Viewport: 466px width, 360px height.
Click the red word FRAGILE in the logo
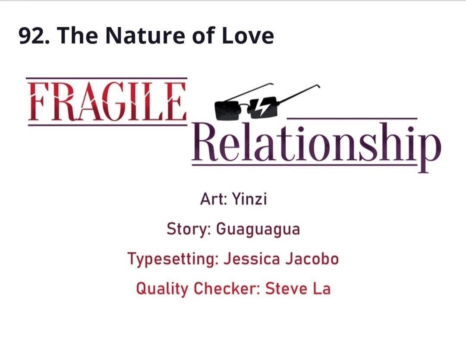click(x=107, y=101)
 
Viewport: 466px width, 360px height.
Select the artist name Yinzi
click(x=249, y=199)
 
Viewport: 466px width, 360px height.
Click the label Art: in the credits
click(x=214, y=199)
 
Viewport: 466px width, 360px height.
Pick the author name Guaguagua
click(x=258, y=230)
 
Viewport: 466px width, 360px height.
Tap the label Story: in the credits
click(x=189, y=229)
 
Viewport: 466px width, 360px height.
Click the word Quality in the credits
click(x=162, y=289)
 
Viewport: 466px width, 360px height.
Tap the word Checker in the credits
click(x=227, y=288)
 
